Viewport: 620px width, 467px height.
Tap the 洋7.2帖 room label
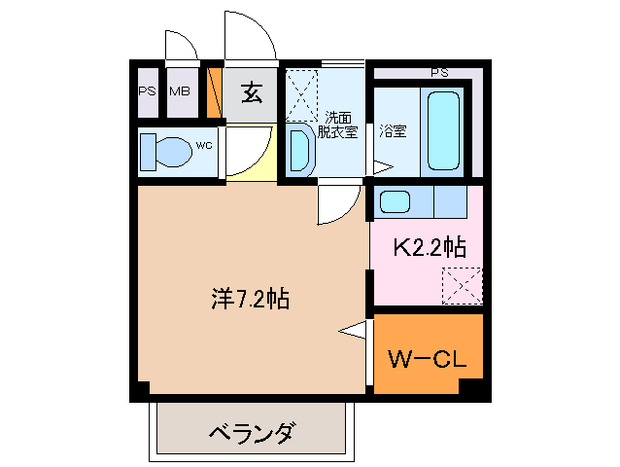pyautogui.click(x=249, y=299)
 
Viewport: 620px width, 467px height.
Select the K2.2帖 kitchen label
pyautogui.click(x=428, y=248)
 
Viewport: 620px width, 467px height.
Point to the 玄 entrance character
pyautogui.click(x=252, y=94)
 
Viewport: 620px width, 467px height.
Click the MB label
pyautogui.click(x=180, y=92)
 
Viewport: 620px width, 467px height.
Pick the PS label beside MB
pyautogui.click(x=147, y=92)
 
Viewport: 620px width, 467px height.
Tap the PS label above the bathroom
pyautogui.click(x=439, y=72)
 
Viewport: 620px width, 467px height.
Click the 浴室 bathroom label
pyautogui.click(x=393, y=129)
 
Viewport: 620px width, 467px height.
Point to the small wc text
pyautogui.click(x=204, y=145)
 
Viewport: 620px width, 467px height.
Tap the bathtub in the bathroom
pyautogui.click(x=443, y=131)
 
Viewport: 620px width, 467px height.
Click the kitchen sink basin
pyautogui.click(x=396, y=202)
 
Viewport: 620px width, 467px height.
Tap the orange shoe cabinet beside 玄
pyautogui.click(x=216, y=92)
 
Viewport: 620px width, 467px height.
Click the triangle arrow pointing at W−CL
pyautogui.click(x=353, y=331)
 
